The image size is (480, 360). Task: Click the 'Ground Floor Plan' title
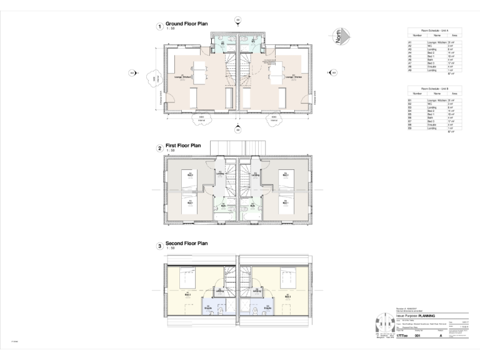(186, 24)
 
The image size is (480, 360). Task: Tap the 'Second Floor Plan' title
(186, 243)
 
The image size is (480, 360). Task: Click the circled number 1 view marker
(160, 26)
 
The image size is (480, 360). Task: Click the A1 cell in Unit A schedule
(410, 42)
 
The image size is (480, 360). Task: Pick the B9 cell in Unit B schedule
(410, 128)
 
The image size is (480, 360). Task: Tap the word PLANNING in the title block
(432, 316)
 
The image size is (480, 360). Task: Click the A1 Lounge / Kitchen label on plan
(182, 77)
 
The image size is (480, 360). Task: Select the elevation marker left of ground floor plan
(132, 73)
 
